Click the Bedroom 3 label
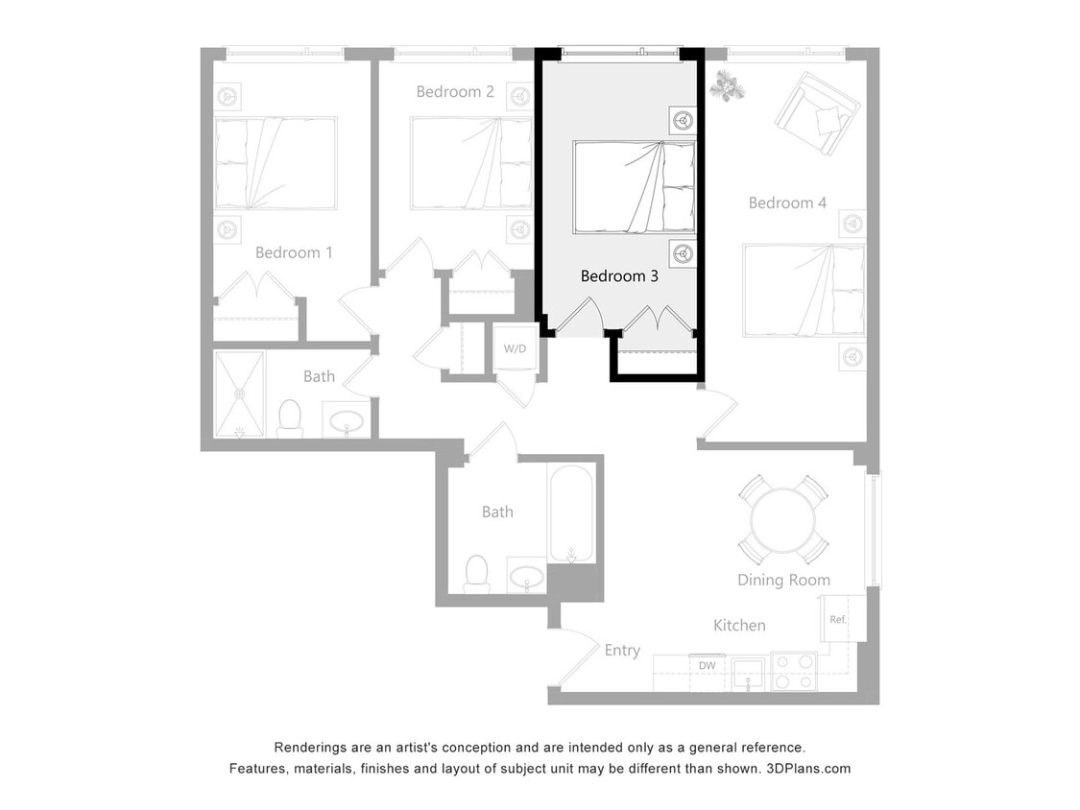click(x=619, y=276)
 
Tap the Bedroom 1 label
click(x=294, y=253)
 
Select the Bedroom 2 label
click(x=455, y=92)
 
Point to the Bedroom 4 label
click(x=787, y=203)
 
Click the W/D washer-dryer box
click(x=516, y=348)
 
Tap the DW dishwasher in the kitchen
click(x=708, y=666)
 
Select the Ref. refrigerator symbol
click(x=838, y=620)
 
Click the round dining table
click(x=783, y=519)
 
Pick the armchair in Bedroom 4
click(x=817, y=113)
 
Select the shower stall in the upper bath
click(x=239, y=393)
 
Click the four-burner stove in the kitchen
click(x=793, y=672)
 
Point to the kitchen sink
click(x=748, y=672)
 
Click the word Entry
click(x=622, y=651)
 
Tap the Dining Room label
click(x=783, y=580)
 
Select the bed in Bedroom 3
click(x=634, y=187)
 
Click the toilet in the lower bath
click(x=477, y=573)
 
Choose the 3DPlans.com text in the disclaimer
click(x=809, y=769)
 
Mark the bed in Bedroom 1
click(x=275, y=163)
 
